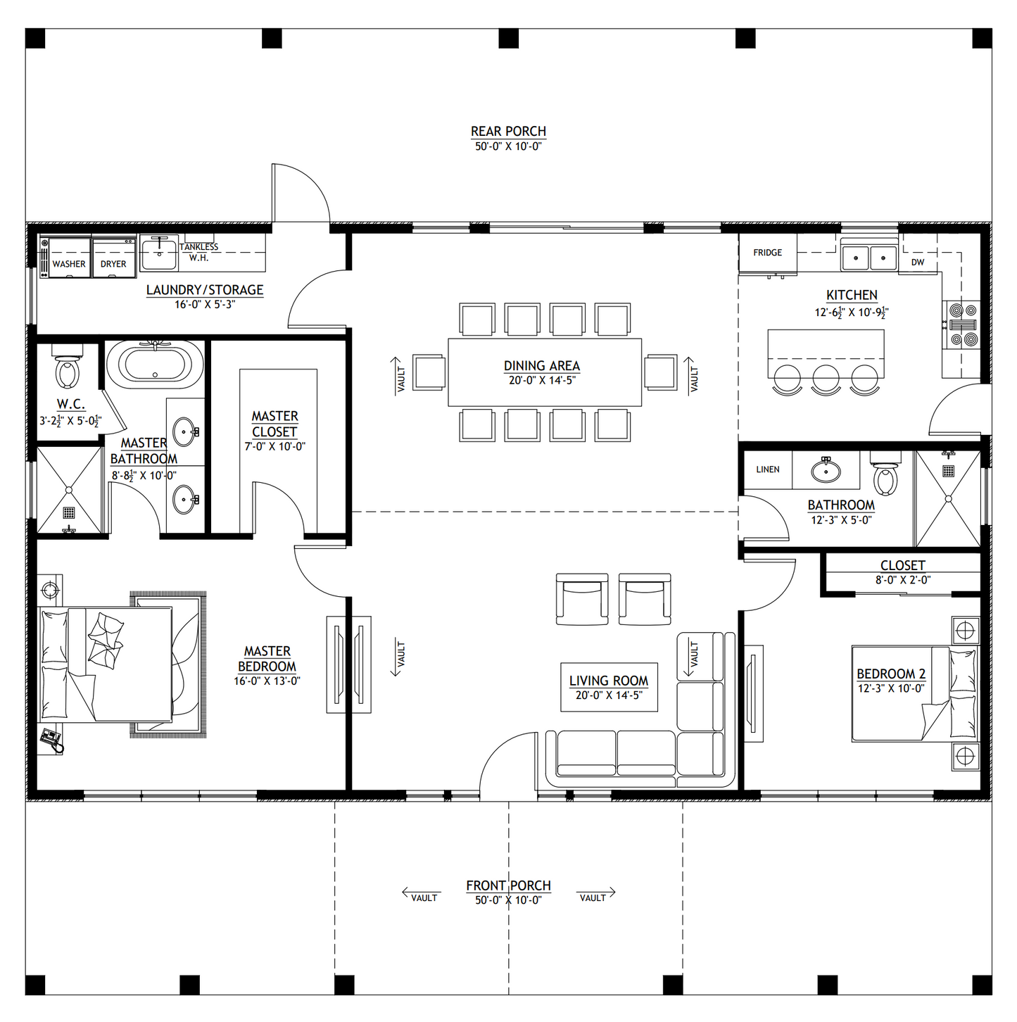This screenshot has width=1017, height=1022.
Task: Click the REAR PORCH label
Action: [508, 132]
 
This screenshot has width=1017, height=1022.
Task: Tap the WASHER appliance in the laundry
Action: [68, 258]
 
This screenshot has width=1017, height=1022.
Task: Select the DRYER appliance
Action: [113, 258]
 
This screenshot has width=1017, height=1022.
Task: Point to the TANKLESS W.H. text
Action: [198, 252]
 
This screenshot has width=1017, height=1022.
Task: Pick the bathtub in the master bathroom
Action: [155, 364]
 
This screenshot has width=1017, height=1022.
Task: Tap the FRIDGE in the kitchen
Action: [767, 253]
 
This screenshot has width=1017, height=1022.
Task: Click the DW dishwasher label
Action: [918, 262]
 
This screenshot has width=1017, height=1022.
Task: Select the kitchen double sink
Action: [869, 258]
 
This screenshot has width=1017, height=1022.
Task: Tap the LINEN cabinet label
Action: [768, 469]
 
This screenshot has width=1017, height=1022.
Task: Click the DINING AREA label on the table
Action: [542, 366]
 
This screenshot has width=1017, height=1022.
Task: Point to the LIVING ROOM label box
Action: [609, 687]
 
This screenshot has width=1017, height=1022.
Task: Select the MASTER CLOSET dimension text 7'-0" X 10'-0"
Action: [274, 446]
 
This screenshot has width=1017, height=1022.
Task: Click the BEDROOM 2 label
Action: [890, 674]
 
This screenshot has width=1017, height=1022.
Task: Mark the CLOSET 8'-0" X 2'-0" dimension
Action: [903, 580]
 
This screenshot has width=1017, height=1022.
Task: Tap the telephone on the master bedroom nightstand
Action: [51, 739]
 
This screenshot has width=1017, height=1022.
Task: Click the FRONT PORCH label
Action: [508, 885]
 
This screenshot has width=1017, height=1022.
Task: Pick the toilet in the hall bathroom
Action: [885, 478]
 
